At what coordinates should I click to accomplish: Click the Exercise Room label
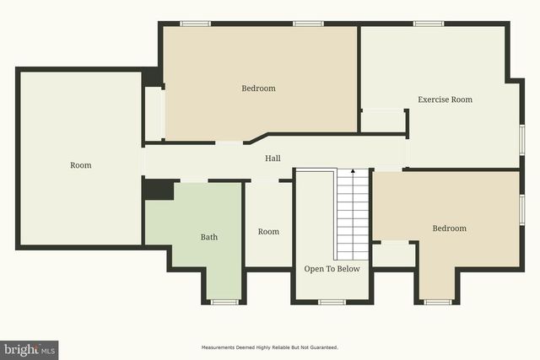(445, 99)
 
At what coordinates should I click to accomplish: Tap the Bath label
(208, 237)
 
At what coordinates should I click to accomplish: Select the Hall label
(273, 158)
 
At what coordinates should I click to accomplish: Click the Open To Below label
(332, 269)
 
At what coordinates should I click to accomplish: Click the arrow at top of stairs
(354, 172)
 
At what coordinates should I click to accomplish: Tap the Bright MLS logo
(30, 349)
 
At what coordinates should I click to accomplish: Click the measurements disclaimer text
(269, 347)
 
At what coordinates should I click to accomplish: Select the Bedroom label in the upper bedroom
(258, 89)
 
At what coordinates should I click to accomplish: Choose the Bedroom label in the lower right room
(449, 228)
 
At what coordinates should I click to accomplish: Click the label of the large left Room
(80, 165)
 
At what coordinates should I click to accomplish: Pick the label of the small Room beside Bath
(268, 232)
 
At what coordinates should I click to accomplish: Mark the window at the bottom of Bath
(224, 302)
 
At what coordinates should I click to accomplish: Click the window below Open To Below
(332, 302)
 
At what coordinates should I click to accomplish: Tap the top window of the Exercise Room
(429, 24)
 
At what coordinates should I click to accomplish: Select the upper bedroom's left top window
(196, 24)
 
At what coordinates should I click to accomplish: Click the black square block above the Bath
(158, 190)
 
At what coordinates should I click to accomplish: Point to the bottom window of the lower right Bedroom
(438, 302)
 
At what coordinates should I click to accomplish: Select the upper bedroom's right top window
(308, 24)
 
